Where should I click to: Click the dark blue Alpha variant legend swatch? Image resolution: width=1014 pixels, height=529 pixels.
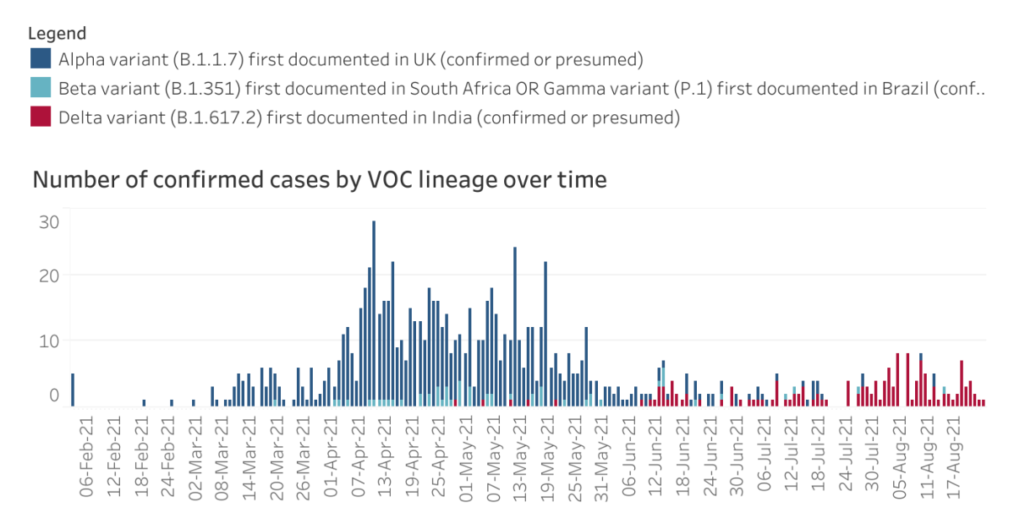(x=40, y=59)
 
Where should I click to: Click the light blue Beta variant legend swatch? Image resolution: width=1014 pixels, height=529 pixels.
(x=40, y=88)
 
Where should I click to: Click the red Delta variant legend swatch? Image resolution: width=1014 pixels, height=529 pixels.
(x=40, y=117)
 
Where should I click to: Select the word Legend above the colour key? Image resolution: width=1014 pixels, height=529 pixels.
(x=57, y=34)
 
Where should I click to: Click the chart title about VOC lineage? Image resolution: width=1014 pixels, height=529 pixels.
(x=319, y=180)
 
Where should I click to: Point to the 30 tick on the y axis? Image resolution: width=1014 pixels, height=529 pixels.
(x=48, y=222)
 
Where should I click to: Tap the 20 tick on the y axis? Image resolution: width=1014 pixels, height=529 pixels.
(x=48, y=275)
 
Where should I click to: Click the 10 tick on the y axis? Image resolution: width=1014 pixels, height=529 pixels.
(x=48, y=340)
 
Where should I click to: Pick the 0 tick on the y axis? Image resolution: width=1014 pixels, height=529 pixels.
(x=53, y=395)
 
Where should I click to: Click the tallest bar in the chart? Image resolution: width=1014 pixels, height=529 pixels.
(x=374, y=313)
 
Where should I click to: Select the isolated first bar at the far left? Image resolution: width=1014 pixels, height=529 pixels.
(x=73, y=390)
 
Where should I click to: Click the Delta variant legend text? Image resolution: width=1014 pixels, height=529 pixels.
(x=369, y=117)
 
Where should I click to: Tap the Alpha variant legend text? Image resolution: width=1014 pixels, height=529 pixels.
(x=351, y=59)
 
